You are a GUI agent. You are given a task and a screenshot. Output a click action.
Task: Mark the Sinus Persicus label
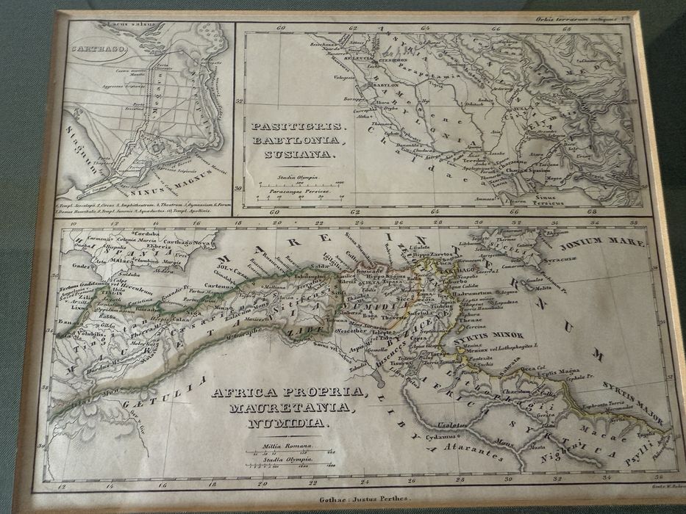point(544,196)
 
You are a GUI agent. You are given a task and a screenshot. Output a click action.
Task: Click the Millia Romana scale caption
point(285,446)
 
